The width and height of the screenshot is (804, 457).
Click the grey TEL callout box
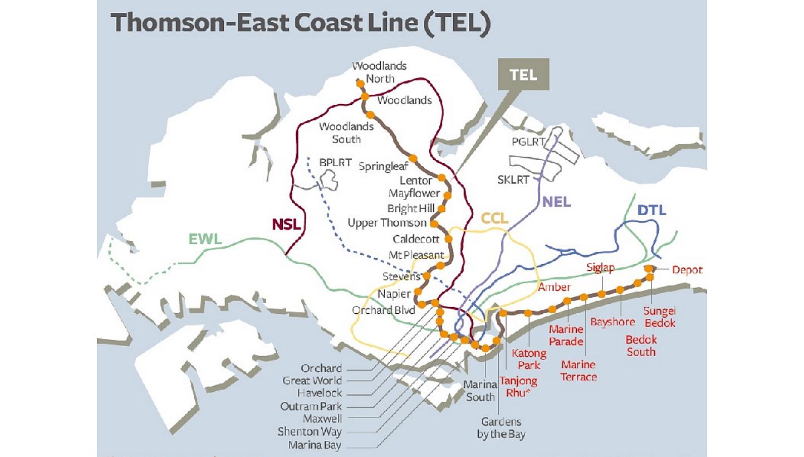[523, 74]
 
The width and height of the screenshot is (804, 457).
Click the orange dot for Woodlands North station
[360, 84]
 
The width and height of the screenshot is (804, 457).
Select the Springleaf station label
[384, 166]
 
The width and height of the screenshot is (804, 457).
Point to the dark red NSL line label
[286, 225]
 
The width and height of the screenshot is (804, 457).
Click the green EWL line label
[205, 240]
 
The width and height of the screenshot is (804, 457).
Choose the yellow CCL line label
[494, 219]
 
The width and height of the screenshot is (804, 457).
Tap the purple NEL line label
[556, 201]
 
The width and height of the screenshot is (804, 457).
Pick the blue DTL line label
[652, 211]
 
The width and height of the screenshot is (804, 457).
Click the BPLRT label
[335, 163]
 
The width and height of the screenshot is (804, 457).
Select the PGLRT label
[528, 142]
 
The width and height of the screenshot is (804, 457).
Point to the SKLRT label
[513, 179]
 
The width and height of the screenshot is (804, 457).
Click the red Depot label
[687, 270]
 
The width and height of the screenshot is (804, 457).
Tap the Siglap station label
[600, 269]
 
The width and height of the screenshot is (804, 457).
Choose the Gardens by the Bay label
[501, 428]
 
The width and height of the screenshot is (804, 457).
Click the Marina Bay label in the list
[315, 445]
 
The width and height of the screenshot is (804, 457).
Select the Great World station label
[312, 381]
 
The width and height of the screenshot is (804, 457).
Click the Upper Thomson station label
[387, 223]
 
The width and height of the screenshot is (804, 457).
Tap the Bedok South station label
[641, 346]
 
